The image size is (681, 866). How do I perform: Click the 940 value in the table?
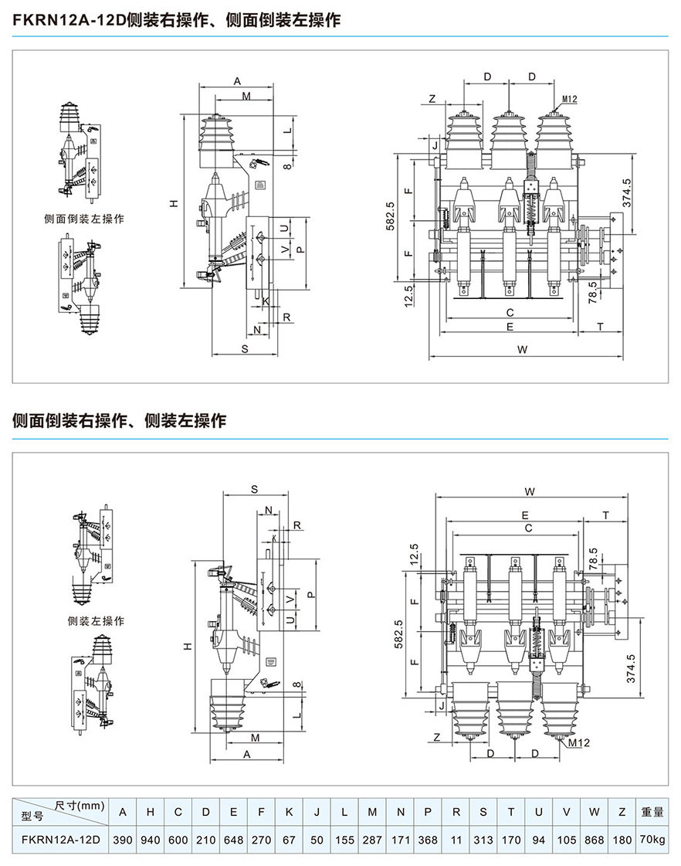[x=151, y=840]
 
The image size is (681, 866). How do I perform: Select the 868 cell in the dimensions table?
[x=594, y=840]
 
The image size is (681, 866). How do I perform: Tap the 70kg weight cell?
[x=652, y=840]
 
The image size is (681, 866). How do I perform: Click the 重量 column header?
[x=652, y=812]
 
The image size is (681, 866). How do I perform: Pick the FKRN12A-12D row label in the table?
[x=61, y=840]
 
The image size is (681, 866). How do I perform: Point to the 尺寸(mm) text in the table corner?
[x=80, y=806]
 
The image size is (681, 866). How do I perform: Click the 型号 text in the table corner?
[x=35, y=818]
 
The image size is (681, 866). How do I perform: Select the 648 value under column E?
[x=233, y=840]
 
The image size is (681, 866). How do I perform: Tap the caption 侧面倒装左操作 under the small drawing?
[x=84, y=219]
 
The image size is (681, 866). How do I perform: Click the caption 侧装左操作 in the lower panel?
[x=96, y=620]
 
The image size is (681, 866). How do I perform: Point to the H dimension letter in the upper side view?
[x=174, y=203]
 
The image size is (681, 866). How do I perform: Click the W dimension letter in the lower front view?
[x=529, y=491]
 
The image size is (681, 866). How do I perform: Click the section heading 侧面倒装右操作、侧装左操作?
[x=120, y=421]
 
